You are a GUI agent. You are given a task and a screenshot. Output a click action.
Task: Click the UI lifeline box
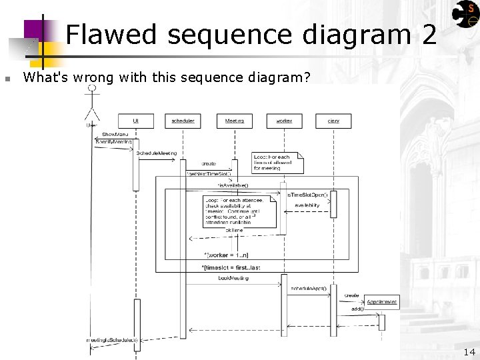(x=136, y=121)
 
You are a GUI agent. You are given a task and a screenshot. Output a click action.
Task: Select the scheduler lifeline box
(x=183, y=121)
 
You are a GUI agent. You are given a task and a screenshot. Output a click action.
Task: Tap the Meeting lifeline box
(x=234, y=121)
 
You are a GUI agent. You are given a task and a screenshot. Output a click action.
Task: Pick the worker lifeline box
(x=284, y=121)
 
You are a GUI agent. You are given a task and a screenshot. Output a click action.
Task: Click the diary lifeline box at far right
(x=333, y=121)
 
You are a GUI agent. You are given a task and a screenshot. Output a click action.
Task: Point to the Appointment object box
(x=381, y=302)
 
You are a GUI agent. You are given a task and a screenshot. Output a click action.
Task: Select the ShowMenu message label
(x=115, y=135)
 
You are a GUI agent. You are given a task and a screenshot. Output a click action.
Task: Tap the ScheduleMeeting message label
(x=157, y=153)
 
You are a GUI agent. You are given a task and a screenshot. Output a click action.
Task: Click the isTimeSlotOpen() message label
(x=307, y=195)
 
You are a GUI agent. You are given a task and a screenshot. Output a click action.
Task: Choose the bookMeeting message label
(x=233, y=278)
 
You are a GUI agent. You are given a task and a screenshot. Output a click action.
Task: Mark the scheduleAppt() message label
(x=309, y=289)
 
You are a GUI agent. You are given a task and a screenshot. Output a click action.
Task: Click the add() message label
(x=357, y=309)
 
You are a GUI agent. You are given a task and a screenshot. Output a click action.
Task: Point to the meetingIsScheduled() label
(x=112, y=340)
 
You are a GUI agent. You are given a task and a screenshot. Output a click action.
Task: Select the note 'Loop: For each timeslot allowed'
(x=277, y=163)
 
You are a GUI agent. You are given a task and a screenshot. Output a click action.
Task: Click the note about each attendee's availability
(x=239, y=211)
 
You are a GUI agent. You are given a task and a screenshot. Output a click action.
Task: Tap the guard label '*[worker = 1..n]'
(x=226, y=255)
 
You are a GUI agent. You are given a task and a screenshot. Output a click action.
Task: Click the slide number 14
(x=469, y=352)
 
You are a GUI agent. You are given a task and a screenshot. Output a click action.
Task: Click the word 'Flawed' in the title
(x=111, y=35)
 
